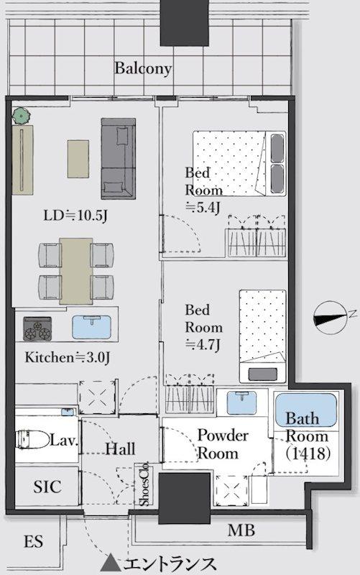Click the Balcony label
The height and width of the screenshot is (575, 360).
coord(143,68)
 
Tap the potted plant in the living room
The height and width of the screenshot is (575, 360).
coord(21,116)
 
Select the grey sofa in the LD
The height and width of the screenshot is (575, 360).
coord(119,158)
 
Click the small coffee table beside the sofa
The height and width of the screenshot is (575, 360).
coord(78,159)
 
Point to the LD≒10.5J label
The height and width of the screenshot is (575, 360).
coord(75,216)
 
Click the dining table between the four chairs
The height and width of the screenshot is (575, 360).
coord(76,271)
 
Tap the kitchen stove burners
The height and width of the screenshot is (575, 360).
coord(37,328)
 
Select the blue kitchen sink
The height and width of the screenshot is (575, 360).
coord(92,327)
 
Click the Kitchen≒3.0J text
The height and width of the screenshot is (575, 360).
coord(67,357)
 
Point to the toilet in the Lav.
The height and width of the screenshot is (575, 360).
coord(33,439)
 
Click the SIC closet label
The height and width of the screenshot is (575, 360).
coord(47,487)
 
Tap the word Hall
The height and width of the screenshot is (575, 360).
coord(120,448)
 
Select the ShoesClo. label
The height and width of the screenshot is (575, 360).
coord(146,484)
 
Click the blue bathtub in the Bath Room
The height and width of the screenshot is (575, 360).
coord(305,410)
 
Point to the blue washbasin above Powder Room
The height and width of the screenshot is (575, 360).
coord(242,402)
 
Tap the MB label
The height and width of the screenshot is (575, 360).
coord(241,530)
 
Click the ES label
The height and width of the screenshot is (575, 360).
coord(33,541)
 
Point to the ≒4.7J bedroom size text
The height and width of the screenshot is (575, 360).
coord(203,345)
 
